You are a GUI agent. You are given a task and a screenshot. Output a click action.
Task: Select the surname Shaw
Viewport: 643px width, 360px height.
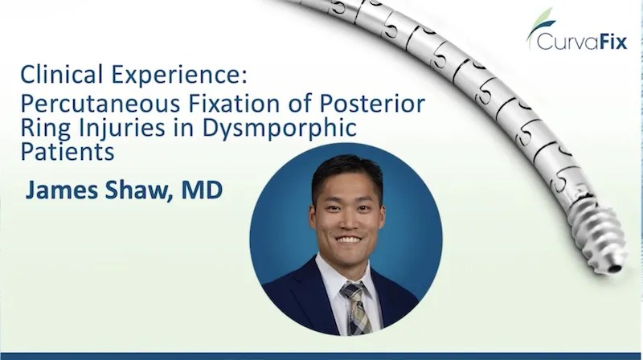coord(141,192)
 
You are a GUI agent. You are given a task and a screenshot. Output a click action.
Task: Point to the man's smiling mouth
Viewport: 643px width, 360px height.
coord(347,239)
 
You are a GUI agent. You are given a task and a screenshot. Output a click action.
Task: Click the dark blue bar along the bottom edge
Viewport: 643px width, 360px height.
coord(321,355)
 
